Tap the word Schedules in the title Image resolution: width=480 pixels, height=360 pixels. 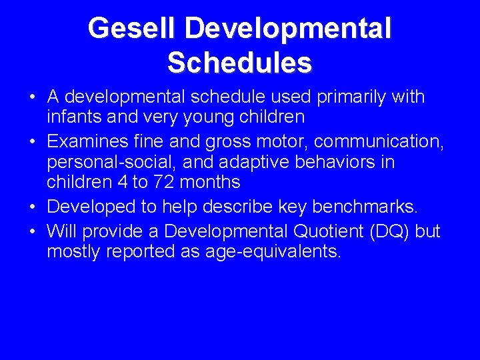pyautogui.click(x=239, y=63)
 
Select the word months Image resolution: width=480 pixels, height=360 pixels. pyautogui.click(x=211, y=182)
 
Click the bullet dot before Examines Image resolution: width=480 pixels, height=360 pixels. pyautogui.click(x=33, y=143)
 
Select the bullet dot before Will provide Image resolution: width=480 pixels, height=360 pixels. pyautogui.click(x=33, y=231)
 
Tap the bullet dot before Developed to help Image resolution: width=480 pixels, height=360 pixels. pyautogui.click(x=33, y=208)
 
